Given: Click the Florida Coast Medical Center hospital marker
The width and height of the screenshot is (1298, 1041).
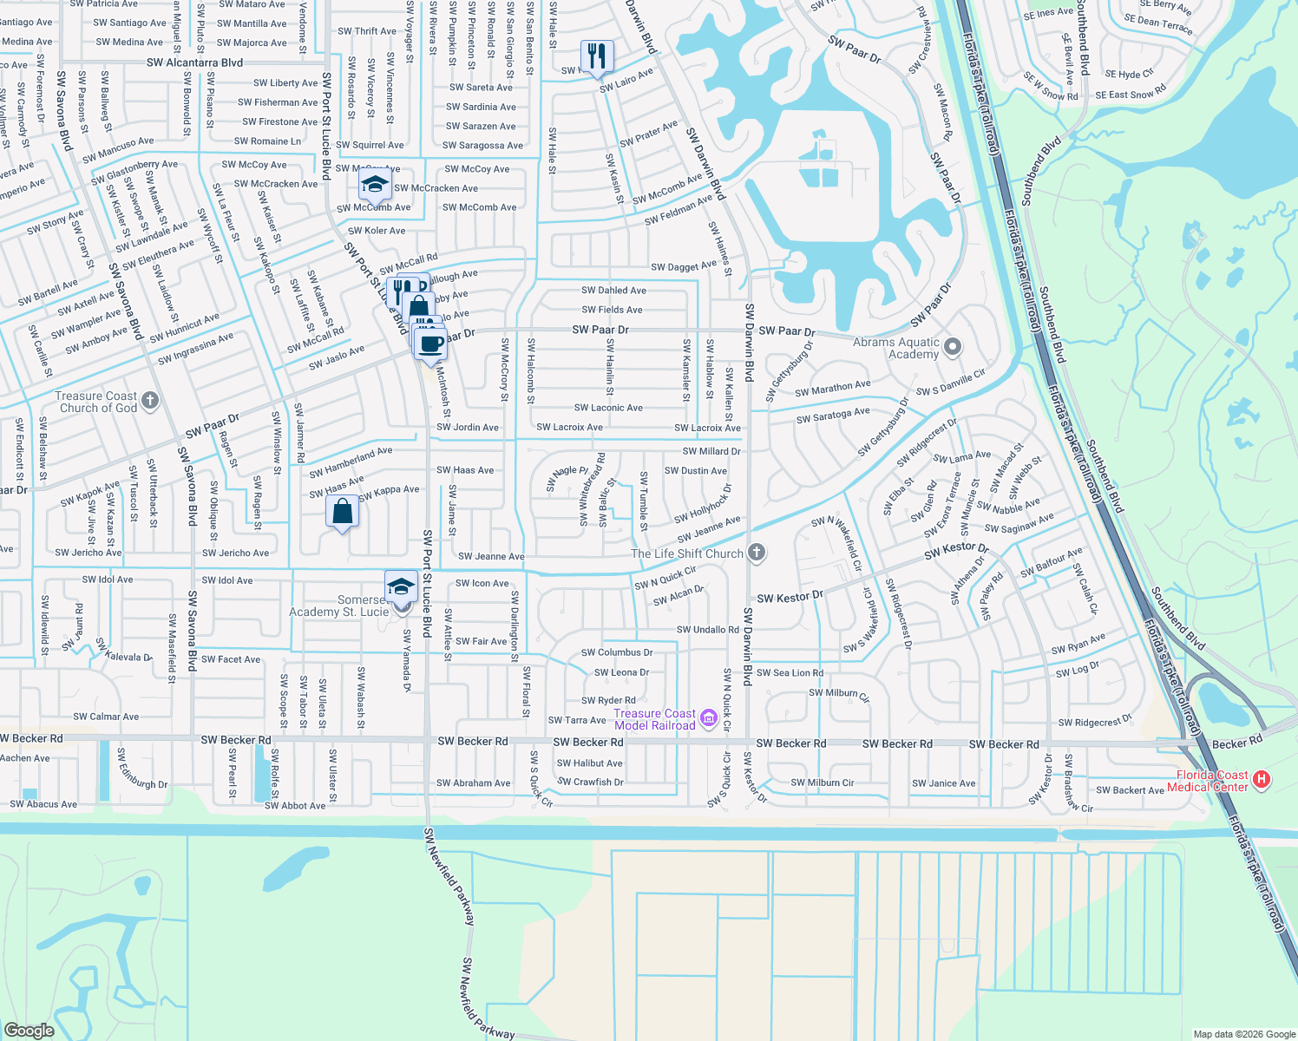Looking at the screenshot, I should point(1262,780).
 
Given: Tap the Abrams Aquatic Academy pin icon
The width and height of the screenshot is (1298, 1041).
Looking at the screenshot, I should point(953,348).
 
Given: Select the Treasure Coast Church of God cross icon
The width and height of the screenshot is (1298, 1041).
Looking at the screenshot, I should point(150,400).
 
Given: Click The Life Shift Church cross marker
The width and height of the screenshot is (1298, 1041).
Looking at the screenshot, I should point(757,553).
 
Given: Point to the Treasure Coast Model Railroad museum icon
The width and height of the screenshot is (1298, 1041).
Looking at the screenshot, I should point(708,717).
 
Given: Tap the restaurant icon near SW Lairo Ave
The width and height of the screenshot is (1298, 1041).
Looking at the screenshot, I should point(597,57).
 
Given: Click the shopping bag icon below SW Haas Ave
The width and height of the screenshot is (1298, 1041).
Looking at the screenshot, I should point(343,512).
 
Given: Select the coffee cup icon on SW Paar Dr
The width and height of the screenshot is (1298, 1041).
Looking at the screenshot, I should point(430,344).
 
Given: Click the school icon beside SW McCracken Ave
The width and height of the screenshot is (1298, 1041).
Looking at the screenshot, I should point(375,184).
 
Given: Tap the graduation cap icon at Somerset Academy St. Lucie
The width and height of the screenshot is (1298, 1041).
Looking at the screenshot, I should point(401,586).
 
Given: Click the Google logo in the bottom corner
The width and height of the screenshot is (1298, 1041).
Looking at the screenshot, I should point(29,1031).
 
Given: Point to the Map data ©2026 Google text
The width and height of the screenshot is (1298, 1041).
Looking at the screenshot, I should point(1244,1034).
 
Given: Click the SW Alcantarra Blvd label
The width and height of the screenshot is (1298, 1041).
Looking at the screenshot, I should point(194,62).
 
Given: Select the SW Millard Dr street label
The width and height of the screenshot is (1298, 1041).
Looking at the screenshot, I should point(711,451).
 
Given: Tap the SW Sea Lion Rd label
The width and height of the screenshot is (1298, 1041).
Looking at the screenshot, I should point(790,672).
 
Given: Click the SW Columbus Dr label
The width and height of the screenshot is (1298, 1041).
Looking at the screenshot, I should point(617,652).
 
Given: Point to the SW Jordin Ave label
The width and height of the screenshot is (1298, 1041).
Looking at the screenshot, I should point(468,427).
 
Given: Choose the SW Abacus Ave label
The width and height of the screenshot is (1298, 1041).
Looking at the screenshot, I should point(43,804).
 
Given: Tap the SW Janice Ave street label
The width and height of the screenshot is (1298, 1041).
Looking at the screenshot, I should point(943,783).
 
